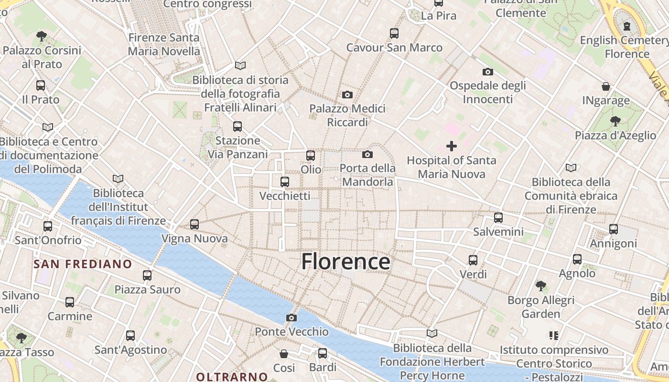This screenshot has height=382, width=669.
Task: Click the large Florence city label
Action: point(345,262)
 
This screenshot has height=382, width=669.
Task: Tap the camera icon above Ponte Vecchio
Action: point(291,318)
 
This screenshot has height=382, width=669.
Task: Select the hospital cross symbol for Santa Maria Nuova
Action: point(451,146)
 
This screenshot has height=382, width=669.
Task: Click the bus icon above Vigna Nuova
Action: point(194,224)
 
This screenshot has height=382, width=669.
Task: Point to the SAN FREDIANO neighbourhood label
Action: point(83,264)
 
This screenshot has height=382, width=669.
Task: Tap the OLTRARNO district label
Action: point(232,376)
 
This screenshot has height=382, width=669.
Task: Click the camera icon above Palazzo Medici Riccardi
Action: point(347,95)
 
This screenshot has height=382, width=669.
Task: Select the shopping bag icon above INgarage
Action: point(606,86)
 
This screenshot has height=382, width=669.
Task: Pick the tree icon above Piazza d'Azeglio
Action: point(615,121)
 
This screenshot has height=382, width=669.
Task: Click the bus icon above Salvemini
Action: point(498,218)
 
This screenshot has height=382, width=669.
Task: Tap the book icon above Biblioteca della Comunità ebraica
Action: point(571,168)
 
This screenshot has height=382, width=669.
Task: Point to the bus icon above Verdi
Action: point(473,260)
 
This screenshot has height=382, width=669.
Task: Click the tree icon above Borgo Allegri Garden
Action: point(541,286)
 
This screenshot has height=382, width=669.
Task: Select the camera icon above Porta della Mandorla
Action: point(367,154)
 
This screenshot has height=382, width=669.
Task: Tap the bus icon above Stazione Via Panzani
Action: point(237,127)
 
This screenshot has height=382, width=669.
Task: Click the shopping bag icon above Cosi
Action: point(284,354)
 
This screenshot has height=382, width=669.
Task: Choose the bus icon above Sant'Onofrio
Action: point(48,226)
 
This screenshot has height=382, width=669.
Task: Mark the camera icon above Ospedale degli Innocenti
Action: point(487,72)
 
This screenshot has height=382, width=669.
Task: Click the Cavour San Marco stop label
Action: point(394,48)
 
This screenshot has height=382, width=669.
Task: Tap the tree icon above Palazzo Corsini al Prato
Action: point(42,36)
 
